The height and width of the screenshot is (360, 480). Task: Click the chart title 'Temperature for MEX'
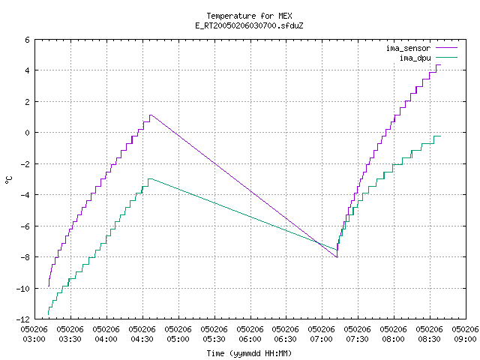(x=249, y=16)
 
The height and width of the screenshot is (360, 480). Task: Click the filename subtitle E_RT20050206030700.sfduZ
(x=249, y=25)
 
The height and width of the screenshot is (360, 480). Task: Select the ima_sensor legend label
(x=408, y=48)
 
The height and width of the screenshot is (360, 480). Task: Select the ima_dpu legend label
(x=415, y=58)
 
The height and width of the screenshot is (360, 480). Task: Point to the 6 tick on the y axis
(x=27, y=40)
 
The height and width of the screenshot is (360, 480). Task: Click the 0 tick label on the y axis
(x=27, y=133)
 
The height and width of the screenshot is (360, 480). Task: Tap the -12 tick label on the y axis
(x=23, y=319)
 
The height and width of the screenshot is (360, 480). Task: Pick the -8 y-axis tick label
(x=25, y=257)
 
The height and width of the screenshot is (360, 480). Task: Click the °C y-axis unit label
(x=8, y=180)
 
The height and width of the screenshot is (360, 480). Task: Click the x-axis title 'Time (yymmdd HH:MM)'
(x=249, y=353)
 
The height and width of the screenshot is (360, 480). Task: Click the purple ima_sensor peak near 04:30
(x=151, y=115)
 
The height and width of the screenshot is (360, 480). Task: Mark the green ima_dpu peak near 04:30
(x=150, y=178)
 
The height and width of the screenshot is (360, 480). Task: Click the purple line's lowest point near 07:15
(x=337, y=257)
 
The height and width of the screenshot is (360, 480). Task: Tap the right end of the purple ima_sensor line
(x=440, y=65)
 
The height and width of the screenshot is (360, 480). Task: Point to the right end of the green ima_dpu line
(x=440, y=136)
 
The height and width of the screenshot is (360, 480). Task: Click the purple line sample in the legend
(x=447, y=48)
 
